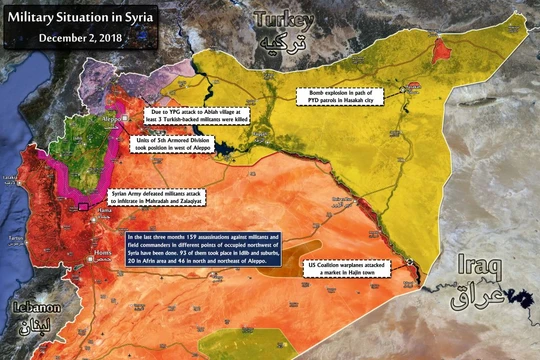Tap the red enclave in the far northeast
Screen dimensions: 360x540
[x=443, y=50]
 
